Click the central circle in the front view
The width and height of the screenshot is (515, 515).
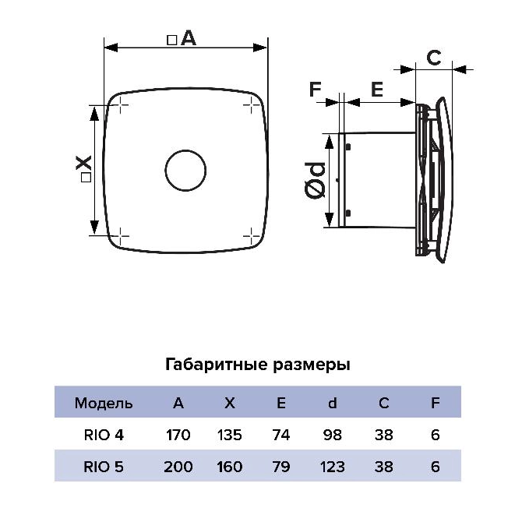coord(185,170)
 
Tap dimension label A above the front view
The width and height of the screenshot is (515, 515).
coord(182,38)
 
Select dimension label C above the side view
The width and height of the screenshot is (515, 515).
coord(433,58)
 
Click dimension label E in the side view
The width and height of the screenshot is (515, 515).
coord(377,89)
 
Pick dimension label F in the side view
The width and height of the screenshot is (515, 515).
coord(316,89)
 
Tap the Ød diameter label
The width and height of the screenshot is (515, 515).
coord(315,180)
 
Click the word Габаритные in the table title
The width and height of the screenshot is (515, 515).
coord(217,365)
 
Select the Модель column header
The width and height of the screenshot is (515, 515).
coord(104,403)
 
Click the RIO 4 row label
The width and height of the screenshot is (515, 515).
coord(104,435)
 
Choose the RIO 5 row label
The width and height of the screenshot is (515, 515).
coord(104,467)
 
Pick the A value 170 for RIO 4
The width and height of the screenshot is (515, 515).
coord(178,435)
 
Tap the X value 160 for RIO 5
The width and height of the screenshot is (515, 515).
coord(230,467)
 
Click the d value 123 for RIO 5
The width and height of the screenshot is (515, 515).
coord(333,467)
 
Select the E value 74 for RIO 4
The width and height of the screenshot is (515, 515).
coord(281,435)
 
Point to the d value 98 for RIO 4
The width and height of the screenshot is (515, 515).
coord(333,435)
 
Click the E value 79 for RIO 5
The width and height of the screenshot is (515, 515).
coord(281,467)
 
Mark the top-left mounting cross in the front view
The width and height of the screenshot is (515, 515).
coord(121,105)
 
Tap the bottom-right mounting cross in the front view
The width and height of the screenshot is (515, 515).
coord(251,235)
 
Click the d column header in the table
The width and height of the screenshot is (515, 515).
coord(333,403)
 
